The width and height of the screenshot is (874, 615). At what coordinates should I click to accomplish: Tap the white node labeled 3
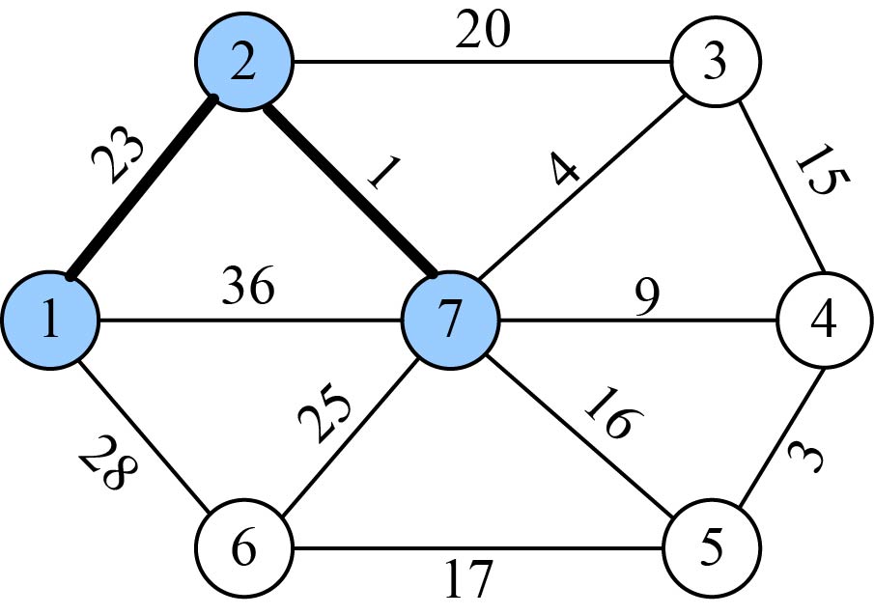[714, 65]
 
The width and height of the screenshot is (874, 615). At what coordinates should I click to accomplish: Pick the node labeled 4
[823, 321]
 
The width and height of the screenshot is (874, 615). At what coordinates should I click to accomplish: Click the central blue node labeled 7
[449, 321]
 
